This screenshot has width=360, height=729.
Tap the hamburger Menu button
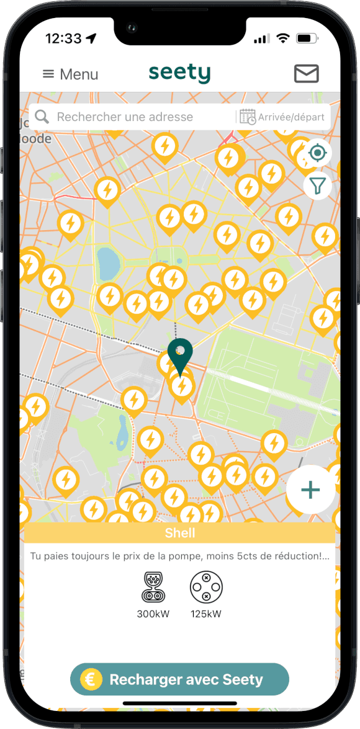tap(70, 74)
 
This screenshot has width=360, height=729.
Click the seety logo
tap(179, 73)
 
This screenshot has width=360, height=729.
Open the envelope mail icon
tap(306, 73)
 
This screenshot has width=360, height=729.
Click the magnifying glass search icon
tap(42, 117)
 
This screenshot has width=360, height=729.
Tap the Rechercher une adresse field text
tap(125, 117)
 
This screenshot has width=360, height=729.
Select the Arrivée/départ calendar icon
tap(248, 117)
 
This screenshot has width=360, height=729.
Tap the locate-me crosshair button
tap(317, 153)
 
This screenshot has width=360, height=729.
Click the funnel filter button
tap(317, 186)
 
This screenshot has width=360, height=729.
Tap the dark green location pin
tap(181, 355)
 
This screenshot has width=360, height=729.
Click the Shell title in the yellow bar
tap(180, 533)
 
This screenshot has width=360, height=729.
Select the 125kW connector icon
tap(206, 587)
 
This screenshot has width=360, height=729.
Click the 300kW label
tap(153, 614)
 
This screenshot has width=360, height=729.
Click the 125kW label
tap(206, 614)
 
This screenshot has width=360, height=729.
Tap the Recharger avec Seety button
tap(179, 679)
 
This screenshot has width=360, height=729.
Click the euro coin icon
tap(91, 679)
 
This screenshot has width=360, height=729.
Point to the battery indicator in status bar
tap(306, 38)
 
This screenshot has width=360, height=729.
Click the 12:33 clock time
tap(63, 38)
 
